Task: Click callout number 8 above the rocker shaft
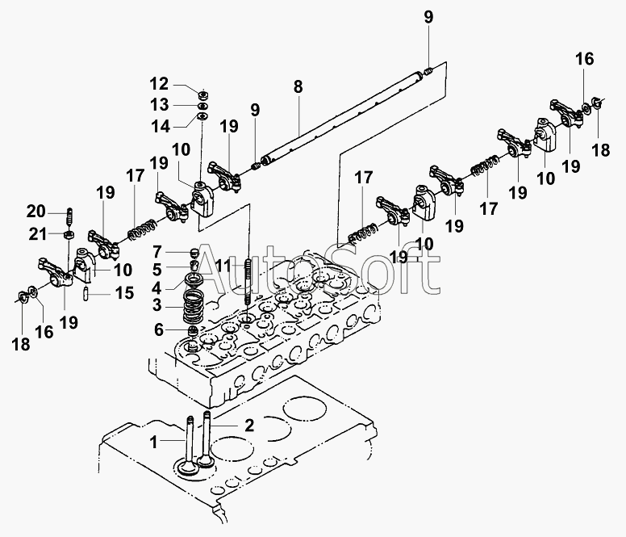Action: (x=298, y=86)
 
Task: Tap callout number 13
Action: (x=159, y=104)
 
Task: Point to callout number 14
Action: (x=159, y=126)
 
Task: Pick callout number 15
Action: (x=123, y=293)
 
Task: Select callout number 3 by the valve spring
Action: (x=157, y=306)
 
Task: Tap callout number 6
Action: (x=157, y=329)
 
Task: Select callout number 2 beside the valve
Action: (x=249, y=426)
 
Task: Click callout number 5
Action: (x=157, y=268)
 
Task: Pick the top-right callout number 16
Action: (x=584, y=58)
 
